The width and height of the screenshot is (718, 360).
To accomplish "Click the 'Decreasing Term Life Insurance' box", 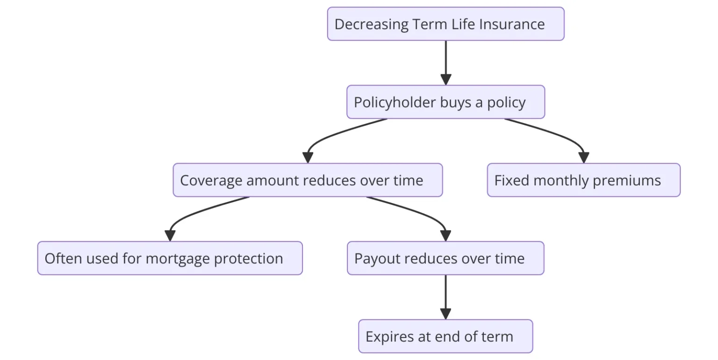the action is tap(445, 24).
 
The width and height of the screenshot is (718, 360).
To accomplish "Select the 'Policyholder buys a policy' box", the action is tap(445, 102).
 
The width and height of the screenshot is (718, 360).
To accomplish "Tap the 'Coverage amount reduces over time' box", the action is tap(308, 180).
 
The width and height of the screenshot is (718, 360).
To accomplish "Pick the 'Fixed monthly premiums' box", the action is tap(584, 180).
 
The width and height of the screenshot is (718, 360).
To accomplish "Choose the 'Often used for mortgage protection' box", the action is tap(170, 258).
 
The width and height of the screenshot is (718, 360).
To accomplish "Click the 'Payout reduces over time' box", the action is tap(445, 258).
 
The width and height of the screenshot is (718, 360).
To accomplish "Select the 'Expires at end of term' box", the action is tap(445, 336).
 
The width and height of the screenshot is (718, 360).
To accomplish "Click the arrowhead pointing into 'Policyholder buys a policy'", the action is tap(446, 80).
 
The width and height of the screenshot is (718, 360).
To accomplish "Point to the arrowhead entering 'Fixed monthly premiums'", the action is tap(584, 158).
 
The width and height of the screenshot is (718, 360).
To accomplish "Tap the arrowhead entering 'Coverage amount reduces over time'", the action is tap(308, 158).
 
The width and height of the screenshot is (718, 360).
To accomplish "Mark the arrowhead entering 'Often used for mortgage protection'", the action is tap(170, 236).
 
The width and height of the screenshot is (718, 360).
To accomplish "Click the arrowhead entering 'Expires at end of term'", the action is tap(445, 314).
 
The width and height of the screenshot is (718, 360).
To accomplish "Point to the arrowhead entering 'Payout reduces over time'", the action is tap(445, 236).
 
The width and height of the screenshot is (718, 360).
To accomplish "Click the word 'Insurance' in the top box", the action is tap(512, 24).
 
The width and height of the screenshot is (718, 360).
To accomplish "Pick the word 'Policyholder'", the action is tap(395, 102).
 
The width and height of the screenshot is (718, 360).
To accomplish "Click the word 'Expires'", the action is tap(389, 337).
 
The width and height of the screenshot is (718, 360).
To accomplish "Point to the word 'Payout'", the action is tap(377, 259).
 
